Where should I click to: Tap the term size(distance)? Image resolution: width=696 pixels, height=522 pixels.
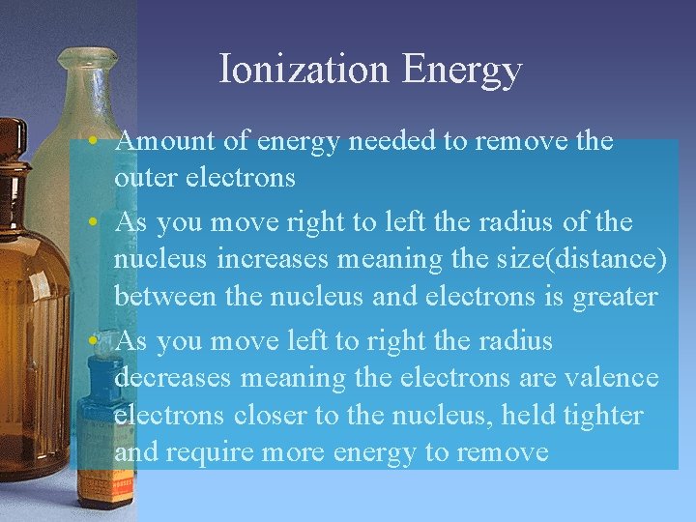[566, 259]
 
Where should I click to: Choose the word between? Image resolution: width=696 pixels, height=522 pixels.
[165, 296]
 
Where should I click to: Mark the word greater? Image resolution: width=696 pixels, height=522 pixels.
[607, 297]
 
